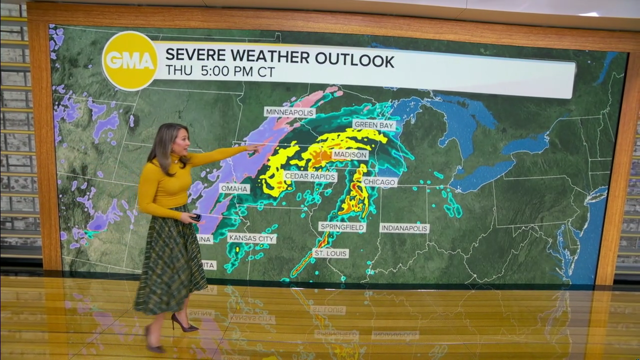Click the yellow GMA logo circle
point(130,60)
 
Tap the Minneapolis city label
point(290,112)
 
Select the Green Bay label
point(374,125)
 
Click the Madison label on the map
point(350,155)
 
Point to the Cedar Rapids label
point(310,176)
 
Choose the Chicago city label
point(379,182)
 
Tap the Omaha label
point(234,188)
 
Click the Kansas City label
point(251,238)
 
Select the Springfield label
point(342,227)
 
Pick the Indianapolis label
point(404,228)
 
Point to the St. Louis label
point(330,253)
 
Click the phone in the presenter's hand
point(196,217)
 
